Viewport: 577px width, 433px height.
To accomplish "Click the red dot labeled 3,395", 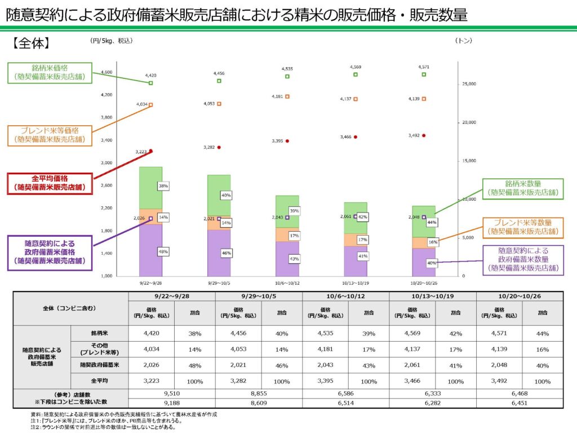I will (x=287, y=141).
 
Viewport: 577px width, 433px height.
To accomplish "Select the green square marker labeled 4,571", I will (x=424, y=74).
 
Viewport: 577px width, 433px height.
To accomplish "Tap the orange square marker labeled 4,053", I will (x=219, y=104).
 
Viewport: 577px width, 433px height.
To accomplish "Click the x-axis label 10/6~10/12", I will (x=287, y=283).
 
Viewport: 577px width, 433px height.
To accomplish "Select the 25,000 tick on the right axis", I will (x=469, y=84).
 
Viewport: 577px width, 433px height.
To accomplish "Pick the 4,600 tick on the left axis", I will (x=106, y=72).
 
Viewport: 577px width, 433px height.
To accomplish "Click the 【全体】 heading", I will (x=32, y=42).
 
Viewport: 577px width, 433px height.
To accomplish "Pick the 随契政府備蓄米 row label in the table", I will (x=99, y=365).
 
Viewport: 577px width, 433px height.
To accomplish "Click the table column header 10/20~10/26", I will (x=519, y=296).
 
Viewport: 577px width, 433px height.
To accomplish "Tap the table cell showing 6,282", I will (x=432, y=403).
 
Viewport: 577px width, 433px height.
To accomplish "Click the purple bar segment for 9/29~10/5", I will (x=219, y=254).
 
